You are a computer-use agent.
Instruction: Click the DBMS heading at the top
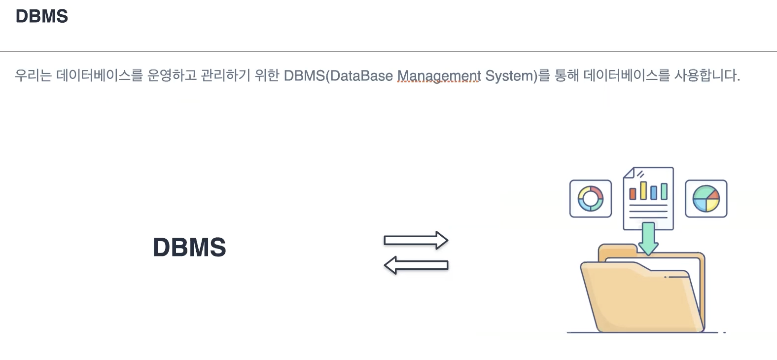click(x=42, y=16)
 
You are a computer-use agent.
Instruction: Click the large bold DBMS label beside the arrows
click(x=189, y=247)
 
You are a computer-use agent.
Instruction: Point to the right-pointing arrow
click(x=416, y=240)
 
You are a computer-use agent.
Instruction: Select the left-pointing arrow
click(x=416, y=265)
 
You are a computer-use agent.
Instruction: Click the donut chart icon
click(x=591, y=199)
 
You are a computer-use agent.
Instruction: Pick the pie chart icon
click(x=706, y=199)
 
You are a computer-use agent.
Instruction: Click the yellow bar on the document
click(x=643, y=190)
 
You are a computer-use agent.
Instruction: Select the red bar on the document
click(x=633, y=193)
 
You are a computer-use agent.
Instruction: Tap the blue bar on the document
click(x=654, y=192)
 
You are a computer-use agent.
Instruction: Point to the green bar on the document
click(x=664, y=191)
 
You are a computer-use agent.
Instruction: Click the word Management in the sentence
click(x=439, y=76)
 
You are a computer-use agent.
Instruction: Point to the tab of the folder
click(x=616, y=250)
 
